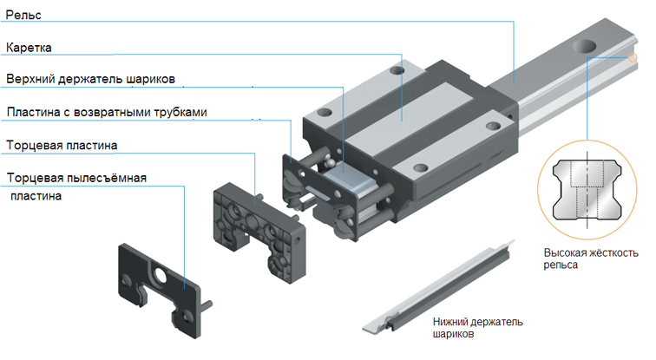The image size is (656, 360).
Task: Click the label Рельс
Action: [x=23, y=15]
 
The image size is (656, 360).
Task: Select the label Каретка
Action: [x=29, y=48]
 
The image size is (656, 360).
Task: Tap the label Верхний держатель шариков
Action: [x=91, y=79]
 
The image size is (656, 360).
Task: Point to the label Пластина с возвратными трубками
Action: [x=107, y=112]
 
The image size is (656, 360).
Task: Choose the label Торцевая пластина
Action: [x=62, y=145]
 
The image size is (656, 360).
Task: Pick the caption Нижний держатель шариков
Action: [x=478, y=328]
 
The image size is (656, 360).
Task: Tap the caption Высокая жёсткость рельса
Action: [x=591, y=259]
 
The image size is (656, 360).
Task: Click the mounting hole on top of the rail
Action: [x=584, y=46]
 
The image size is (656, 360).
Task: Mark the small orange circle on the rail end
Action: [x=633, y=58]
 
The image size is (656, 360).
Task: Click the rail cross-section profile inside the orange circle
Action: [x=587, y=189]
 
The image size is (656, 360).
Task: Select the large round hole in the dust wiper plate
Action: [x=160, y=275]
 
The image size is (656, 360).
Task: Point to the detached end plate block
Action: [x=259, y=232]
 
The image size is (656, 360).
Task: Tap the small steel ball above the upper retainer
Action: [x=330, y=162]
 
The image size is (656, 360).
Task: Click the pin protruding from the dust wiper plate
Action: [x=206, y=305]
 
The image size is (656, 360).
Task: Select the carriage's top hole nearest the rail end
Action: [x=397, y=69]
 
